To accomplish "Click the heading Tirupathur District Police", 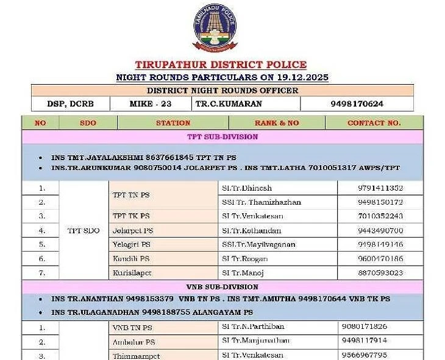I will (x=221, y=65).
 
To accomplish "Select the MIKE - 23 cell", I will (x=151, y=104).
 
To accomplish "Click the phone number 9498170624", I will (x=357, y=104).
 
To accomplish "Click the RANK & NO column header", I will (x=277, y=122).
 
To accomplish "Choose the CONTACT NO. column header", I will (x=374, y=122).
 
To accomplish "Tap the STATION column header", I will (x=173, y=122).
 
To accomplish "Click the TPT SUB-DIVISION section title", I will (x=222, y=136).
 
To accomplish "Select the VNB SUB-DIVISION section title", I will (x=222, y=286).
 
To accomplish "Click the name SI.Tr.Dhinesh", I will (x=247, y=188).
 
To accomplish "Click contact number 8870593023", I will (x=380, y=273).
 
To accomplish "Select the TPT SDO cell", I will (x=84, y=230).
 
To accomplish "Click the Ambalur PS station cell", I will (x=133, y=342).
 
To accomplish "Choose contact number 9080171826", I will (x=365, y=327).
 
